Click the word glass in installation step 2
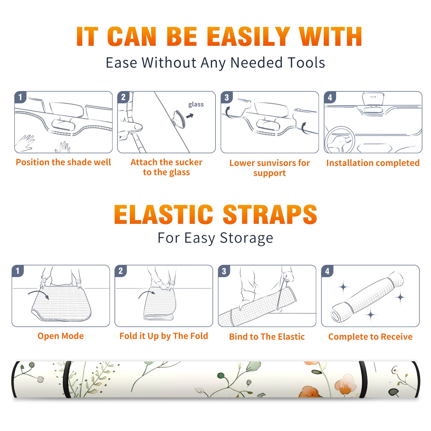(x=196, y=105)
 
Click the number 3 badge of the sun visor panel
(x=227, y=97)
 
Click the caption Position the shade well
(x=63, y=162)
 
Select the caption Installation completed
(x=373, y=163)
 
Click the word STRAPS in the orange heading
(x=270, y=214)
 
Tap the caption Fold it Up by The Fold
(x=164, y=336)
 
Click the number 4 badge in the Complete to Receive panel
(x=327, y=271)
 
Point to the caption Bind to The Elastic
(x=267, y=337)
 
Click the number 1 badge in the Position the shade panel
(x=20, y=97)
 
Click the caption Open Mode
(x=61, y=336)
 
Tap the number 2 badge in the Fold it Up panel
(x=121, y=271)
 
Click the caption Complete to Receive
(x=370, y=337)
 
